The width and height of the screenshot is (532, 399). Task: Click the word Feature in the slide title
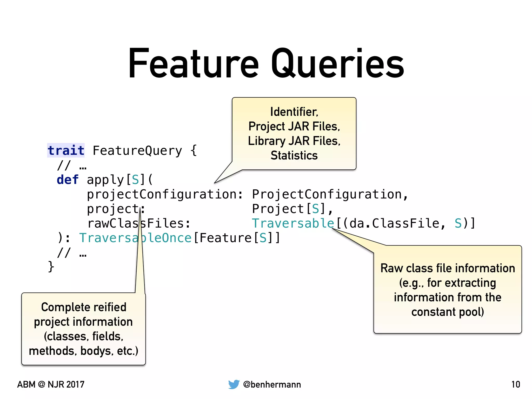pos(194,64)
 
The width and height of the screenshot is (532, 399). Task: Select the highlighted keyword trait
pos(66,151)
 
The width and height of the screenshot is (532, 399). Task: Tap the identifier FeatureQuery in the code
pos(137,151)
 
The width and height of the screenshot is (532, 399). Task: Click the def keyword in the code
pos(68,180)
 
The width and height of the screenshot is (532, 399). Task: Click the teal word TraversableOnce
pos(135,238)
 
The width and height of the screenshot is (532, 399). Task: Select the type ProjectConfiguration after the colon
pos(327,194)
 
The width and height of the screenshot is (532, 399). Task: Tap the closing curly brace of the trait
pos(51,267)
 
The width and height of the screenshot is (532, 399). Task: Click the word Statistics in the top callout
pos(294,155)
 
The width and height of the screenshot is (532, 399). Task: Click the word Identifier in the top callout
pos(294,112)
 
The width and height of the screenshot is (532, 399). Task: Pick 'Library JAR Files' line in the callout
pos(294,141)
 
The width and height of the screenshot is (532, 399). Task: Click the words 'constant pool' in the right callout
pos(447,312)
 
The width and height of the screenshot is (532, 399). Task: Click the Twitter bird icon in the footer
pos(234,384)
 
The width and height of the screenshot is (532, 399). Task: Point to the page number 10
pos(516,384)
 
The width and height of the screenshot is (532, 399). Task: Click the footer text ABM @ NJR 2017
pos(51,384)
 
